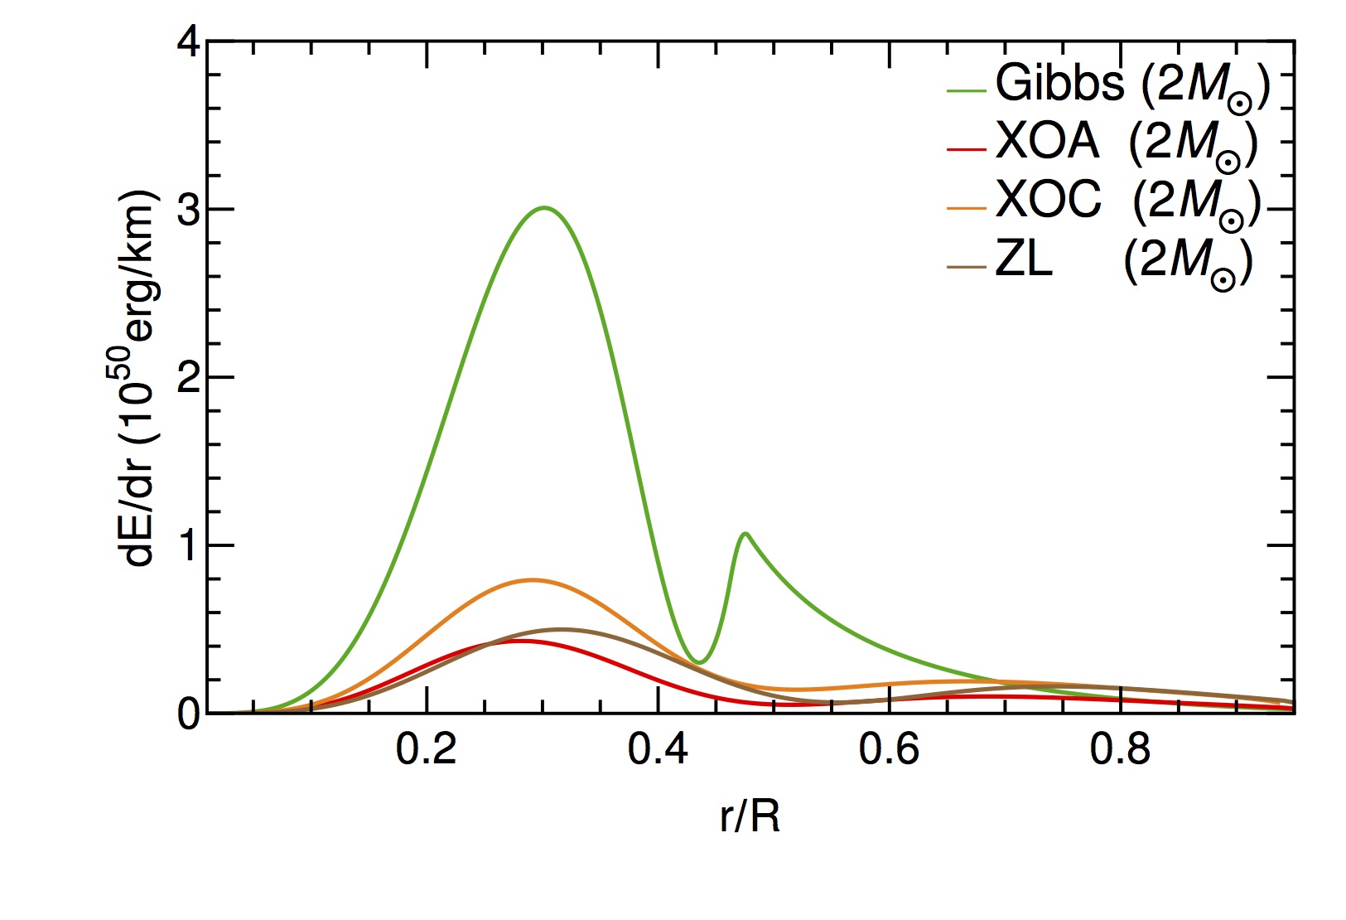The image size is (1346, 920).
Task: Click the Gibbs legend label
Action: point(1131,85)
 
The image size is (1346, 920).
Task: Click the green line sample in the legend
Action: point(966,90)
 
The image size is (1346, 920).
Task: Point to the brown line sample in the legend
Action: point(966,267)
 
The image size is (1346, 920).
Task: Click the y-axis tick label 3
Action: point(188,210)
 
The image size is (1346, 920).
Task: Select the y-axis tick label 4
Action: point(188,41)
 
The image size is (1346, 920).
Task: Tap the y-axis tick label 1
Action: point(188,545)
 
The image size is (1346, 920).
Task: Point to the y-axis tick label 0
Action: point(188,714)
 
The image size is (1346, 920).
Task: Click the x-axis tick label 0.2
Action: point(426,750)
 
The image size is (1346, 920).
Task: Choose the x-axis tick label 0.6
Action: point(889,750)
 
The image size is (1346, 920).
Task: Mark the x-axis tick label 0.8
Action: point(1120,750)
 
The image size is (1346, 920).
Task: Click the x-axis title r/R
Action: point(750,817)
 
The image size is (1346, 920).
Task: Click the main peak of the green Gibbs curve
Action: point(543,207)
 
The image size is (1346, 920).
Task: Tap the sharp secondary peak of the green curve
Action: point(745,533)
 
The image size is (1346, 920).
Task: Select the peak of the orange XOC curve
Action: point(532,580)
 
